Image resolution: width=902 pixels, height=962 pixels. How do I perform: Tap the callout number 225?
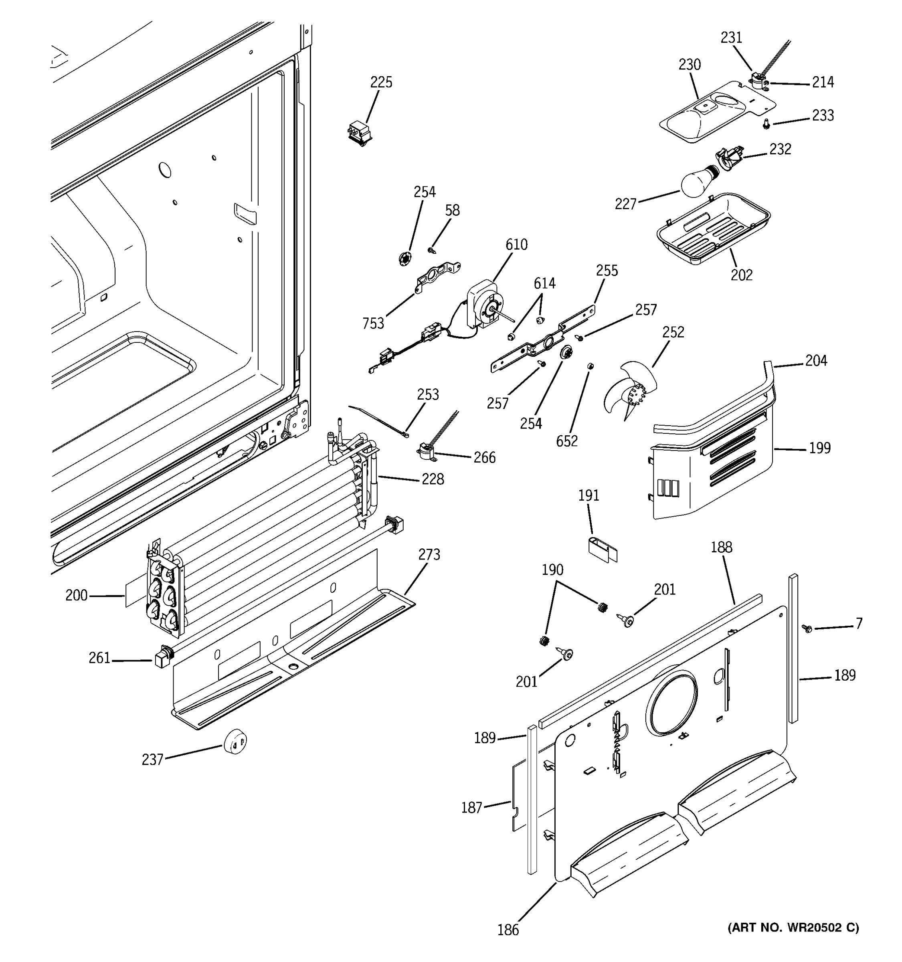coord(381,82)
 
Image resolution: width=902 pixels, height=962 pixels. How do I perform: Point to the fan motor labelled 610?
coord(483,306)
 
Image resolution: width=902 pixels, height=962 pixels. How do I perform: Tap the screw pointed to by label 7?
coord(807,628)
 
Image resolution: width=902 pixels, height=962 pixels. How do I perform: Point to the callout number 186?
coord(508,930)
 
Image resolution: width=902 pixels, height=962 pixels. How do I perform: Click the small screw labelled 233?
coord(766,124)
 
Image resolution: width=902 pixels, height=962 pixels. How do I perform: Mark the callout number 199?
coord(820,448)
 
